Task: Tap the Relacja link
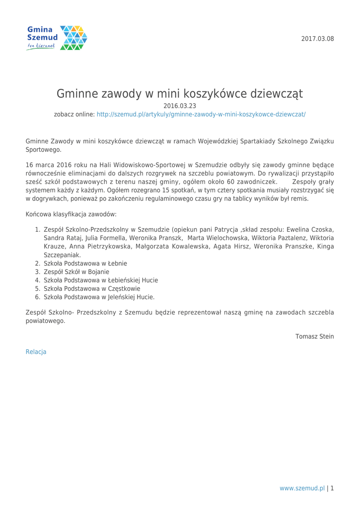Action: tap(36, 351)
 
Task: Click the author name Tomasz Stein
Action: tap(314, 336)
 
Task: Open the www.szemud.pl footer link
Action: tap(302, 488)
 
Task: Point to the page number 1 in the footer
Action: tap(332, 488)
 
